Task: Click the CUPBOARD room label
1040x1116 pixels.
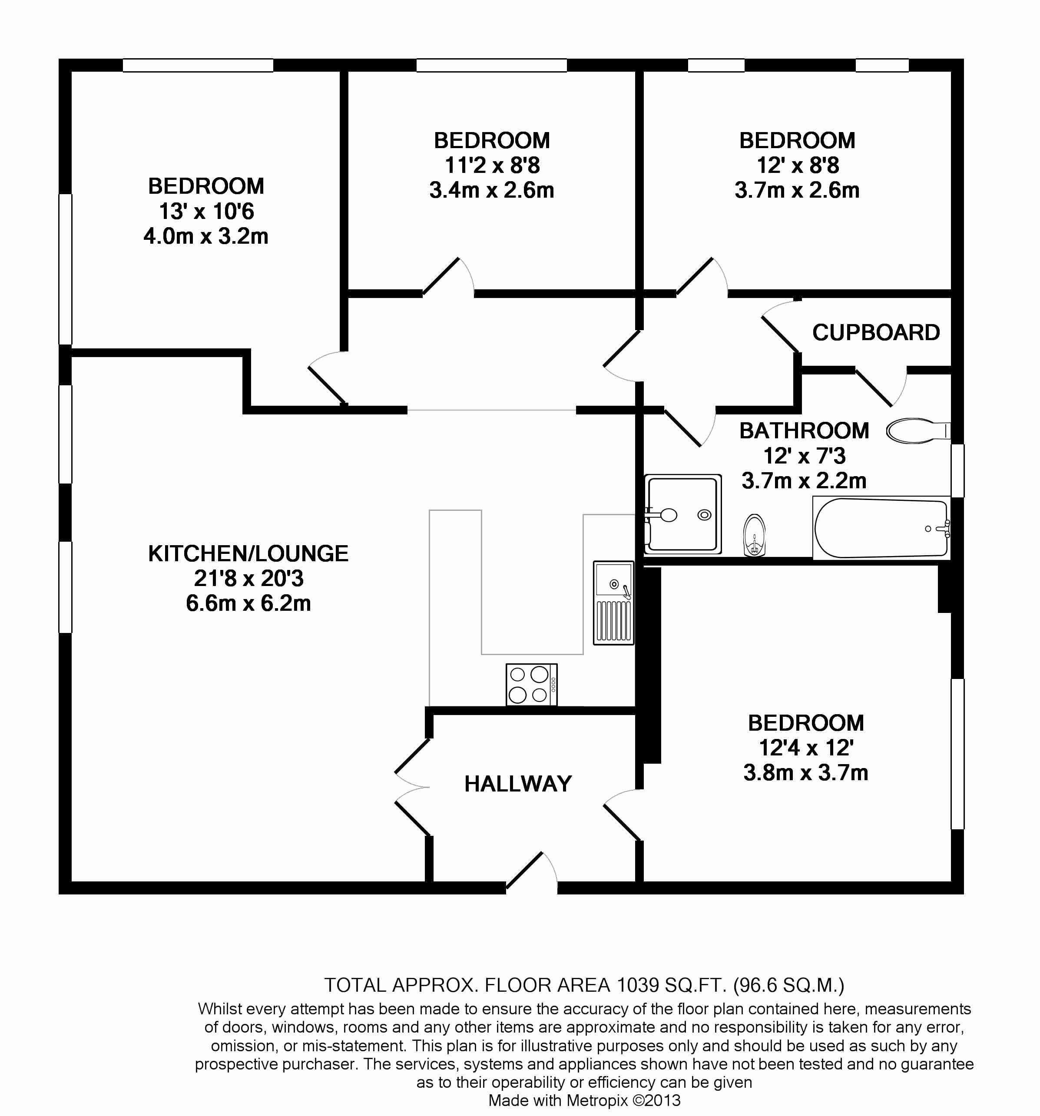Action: pyautogui.click(x=875, y=333)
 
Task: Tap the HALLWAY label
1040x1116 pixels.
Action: pyautogui.click(x=517, y=784)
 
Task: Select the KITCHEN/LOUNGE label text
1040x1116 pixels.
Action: pyautogui.click(x=248, y=553)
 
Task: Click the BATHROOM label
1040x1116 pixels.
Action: pyautogui.click(x=804, y=431)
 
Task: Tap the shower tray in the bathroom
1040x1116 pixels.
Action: pyautogui.click(x=682, y=514)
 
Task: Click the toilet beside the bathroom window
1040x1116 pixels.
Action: pyautogui.click(x=917, y=431)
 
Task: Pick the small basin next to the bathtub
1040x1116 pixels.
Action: pyautogui.click(x=754, y=536)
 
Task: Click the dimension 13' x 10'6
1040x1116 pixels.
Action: pyautogui.click(x=206, y=212)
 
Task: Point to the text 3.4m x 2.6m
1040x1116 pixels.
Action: pyautogui.click(x=492, y=190)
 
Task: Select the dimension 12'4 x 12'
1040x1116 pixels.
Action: pyautogui.click(x=806, y=748)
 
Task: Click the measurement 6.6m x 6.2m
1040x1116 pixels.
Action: pyautogui.click(x=248, y=603)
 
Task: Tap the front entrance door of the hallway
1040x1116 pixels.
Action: pyautogui.click(x=530, y=871)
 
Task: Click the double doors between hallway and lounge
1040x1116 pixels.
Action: pyautogui.click(x=413, y=787)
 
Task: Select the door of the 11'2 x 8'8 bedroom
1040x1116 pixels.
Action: pyautogui.click(x=447, y=277)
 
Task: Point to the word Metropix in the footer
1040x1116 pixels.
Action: pyautogui.click(x=597, y=1100)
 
